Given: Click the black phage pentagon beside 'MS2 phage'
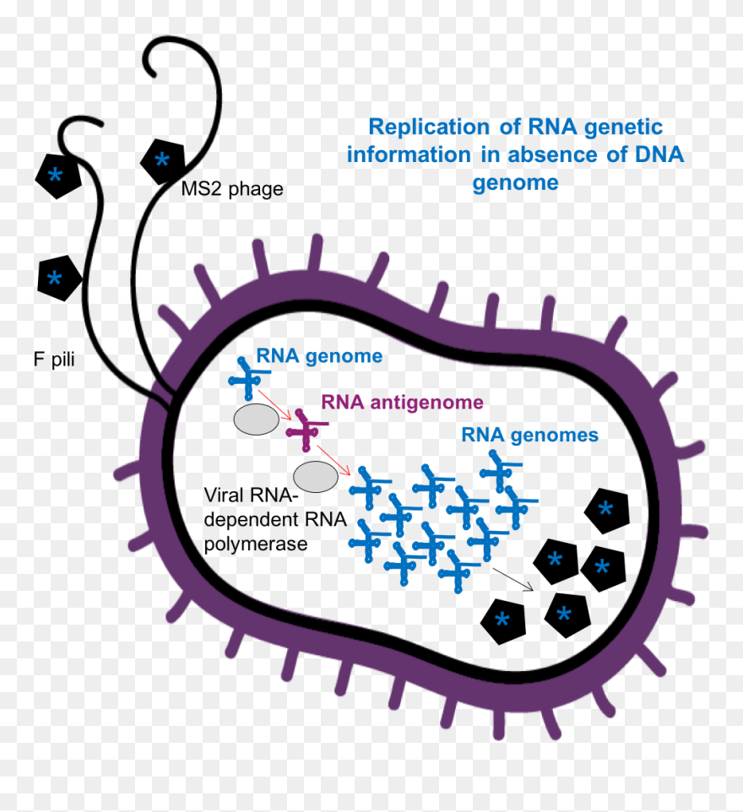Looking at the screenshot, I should [162, 160].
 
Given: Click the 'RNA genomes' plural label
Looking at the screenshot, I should [529, 436].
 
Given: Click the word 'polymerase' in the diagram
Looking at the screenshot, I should [256, 544].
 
